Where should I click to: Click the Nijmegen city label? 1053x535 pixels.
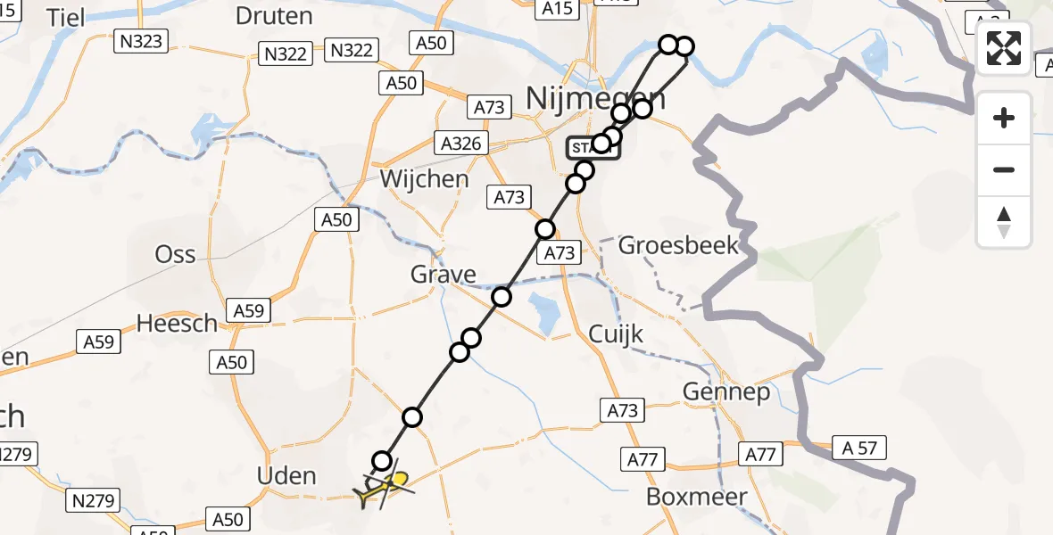tap(596, 97)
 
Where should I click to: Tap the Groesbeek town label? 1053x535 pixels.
tap(679, 244)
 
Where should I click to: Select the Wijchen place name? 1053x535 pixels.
tap(424, 178)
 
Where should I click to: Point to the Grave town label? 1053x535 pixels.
tap(444, 274)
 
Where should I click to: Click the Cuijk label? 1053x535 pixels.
tap(617, 334)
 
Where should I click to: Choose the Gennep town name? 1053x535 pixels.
tap(725, 391)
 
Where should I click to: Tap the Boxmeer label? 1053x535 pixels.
tap(697, 497)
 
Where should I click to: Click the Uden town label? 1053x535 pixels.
tap(286, 475)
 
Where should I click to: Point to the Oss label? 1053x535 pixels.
tap(175, 254)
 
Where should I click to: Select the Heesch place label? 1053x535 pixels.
tap(177, 323)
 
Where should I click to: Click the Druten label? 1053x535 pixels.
tap(274, 15)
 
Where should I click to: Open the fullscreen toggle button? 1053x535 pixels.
tap(1004, 49)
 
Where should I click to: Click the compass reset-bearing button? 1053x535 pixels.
tap(1004, 222)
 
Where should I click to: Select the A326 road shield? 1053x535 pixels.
tap(461, 143)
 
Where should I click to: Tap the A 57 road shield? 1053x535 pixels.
tap(859, 448)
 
